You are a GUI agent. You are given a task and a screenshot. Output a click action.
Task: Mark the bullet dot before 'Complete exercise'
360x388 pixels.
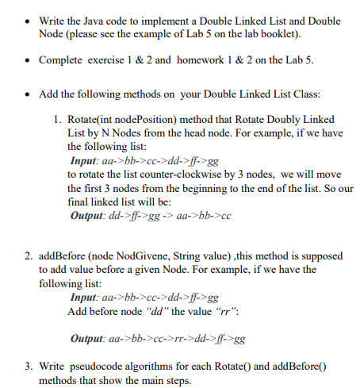point(28,60)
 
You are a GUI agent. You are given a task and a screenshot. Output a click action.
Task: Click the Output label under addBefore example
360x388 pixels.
point(90,339)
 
